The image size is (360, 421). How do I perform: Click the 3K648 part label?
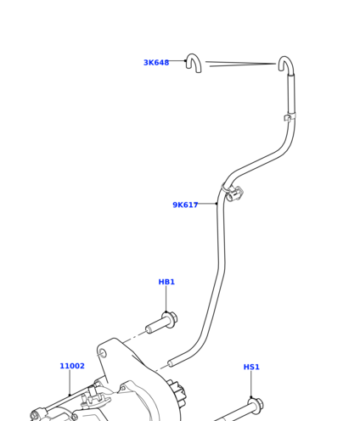tap(156, 63)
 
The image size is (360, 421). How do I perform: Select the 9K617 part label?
tap(185, 205)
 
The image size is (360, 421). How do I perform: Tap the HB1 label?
tap(166, 282)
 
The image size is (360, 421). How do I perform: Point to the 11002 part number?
tap(72, 366)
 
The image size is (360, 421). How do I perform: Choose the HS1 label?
tap(251, 367)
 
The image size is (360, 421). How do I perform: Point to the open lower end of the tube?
tap(170, 363)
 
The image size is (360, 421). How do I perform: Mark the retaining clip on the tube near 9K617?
tap(233, 193)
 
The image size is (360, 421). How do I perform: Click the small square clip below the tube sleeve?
tap(288, 117)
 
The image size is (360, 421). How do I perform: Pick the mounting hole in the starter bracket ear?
tap(102, 353)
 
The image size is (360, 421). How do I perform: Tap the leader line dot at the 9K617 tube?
tap(217, 204)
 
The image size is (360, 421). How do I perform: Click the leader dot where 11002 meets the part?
tap(70, 396)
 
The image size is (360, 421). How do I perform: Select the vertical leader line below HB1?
tap(166, 299)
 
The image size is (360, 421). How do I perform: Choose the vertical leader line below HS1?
tap(250, 385)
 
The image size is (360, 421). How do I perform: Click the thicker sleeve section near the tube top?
tap(291, 94)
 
